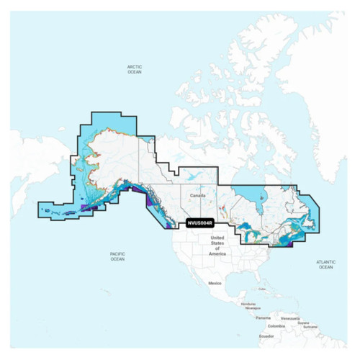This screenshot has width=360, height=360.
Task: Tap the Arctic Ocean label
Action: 135,69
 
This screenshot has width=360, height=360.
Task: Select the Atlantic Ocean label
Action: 326,264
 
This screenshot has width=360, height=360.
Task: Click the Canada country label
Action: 199,195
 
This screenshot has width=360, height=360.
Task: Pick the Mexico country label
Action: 215,284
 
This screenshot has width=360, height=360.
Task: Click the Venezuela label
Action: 289,317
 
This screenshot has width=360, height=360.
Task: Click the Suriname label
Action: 312,325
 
